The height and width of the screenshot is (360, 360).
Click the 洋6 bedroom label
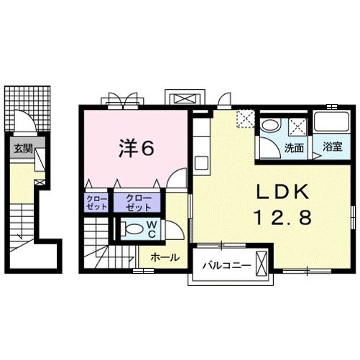(136, 148)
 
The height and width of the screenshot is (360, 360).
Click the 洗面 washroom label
(293, 148)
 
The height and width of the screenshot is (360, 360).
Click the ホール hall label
(165, 257)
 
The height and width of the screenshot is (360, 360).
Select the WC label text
(153, 228)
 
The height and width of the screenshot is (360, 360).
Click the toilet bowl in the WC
(133, 230)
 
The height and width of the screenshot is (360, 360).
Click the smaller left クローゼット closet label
(95, 202)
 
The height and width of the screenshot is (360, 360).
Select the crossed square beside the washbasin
(296, 126)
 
